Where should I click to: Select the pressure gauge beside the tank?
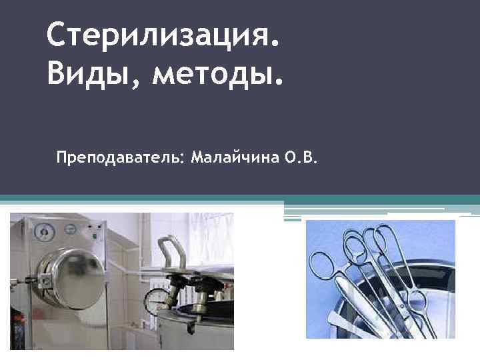[x=158, y=295]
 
